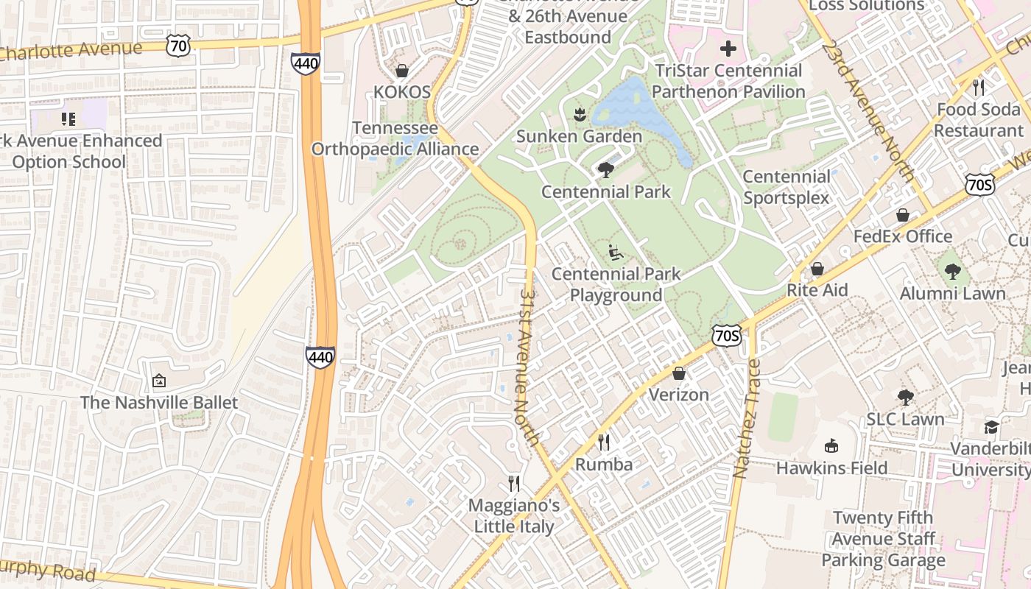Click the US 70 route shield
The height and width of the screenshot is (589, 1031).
(x=179, y=46)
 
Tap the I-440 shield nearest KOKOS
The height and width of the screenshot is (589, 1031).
(x=305, y=63)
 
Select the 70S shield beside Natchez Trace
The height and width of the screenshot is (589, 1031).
(x=726, y=336)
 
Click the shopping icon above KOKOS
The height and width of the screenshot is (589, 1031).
(x=402, y=71)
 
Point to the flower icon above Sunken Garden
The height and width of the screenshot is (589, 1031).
(x=579, y=114)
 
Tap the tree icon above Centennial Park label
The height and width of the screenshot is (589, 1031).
(x=606, y=170)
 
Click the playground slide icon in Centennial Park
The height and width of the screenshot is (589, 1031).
(x=616, y=253)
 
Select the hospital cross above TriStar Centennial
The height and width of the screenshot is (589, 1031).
(x=728, y=49)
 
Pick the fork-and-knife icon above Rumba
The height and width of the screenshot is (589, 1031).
(x=604, y=442)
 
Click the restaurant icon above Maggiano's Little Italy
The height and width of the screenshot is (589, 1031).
(x=514, y=483)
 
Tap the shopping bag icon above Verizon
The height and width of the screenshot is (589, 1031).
(x=679, y=373)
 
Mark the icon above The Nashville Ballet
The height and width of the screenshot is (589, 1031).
(x=159, y=381)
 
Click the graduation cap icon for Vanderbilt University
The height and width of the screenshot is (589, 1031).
(x=992, y=427)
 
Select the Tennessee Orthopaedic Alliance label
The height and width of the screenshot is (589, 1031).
(x=395, y=138)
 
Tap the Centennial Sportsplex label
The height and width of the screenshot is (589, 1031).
(x=786, y=187)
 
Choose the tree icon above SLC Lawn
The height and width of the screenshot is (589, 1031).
(x=905, y=398)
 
